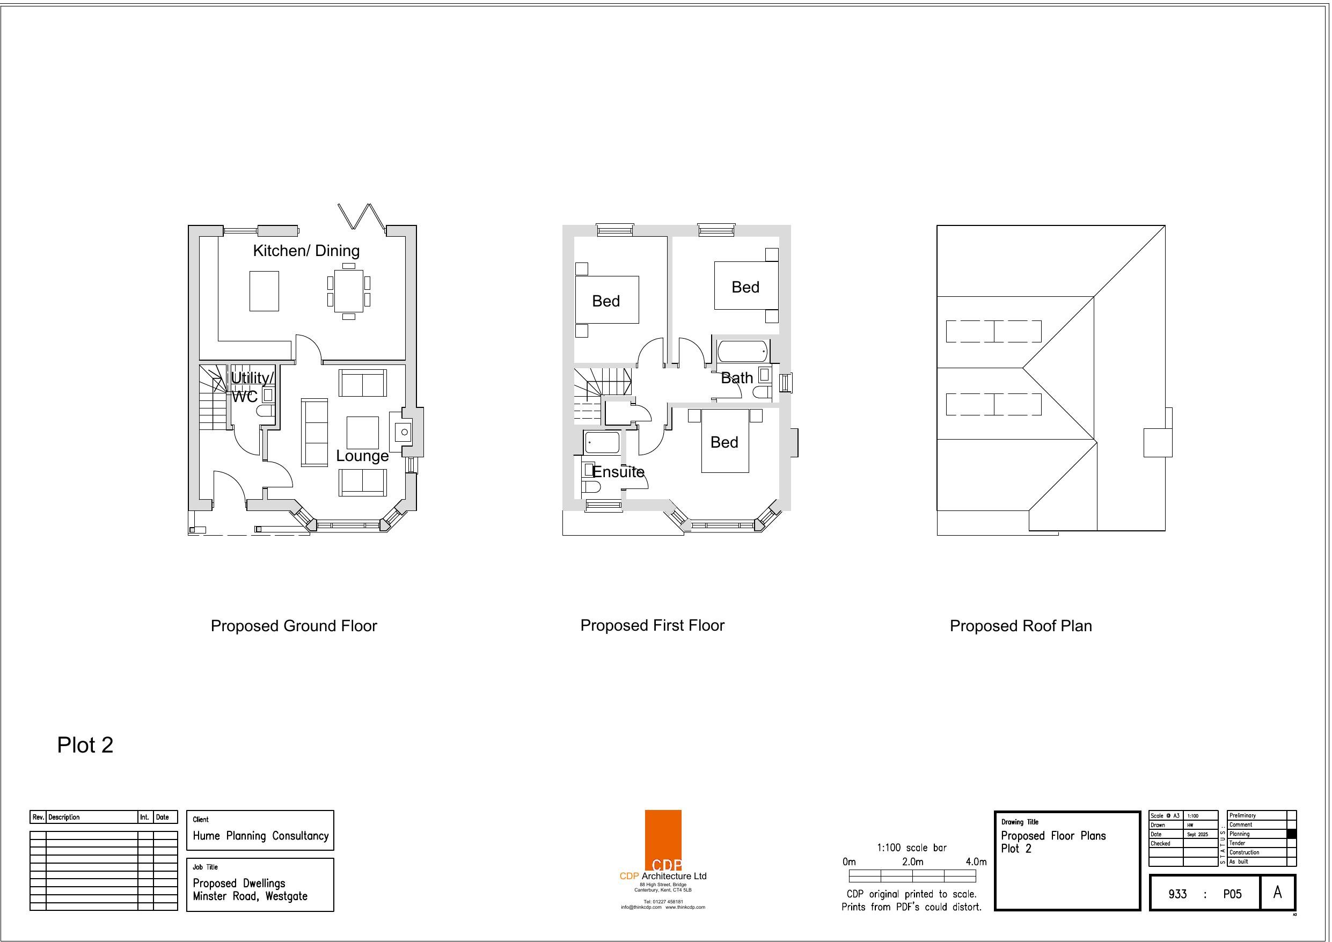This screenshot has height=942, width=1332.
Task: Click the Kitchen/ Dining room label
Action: pyautogui.click(x=306, y=251)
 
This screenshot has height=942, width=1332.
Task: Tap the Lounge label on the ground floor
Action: pyautogui.click(x=362, y=456)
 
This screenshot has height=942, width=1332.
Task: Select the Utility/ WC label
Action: pyautogui.click(x=252, y=386)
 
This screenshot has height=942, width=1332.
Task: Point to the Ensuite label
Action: pyautogui.click(x=618, y=472)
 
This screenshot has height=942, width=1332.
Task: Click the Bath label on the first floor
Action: pyautogui.click(x=737, y=378)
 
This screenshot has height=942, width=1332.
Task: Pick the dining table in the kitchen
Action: pyautogui.click(x=349, y=291)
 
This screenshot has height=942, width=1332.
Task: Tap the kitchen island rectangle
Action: pyautogui.click(x=264, y=291)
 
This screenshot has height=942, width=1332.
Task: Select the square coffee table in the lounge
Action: pyautogui.click(x=363, y=433)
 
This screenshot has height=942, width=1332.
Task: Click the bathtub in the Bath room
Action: pyautogui.click(x=743, y=351)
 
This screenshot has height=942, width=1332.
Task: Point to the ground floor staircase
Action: pyautogui.click(x=213, y=398)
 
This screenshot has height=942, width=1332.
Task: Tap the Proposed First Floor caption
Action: pyautogui.click(x=652, y=625)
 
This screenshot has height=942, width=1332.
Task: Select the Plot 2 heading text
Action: pyautogui.click(x=85, y=744)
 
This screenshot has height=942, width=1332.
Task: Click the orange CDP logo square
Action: pyautogui.click(x=663, y=840)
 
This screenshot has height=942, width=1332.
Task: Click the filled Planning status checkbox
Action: pyautogui.click(x=1291, y=834)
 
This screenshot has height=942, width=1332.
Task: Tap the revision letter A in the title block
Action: pyautogui.click(x=1277, y=892)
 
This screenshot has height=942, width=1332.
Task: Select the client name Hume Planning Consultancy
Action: pyautogui.click(x=260, y=836)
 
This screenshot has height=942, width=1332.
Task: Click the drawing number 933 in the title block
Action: pyautogui.click(x=1177, y=894)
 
